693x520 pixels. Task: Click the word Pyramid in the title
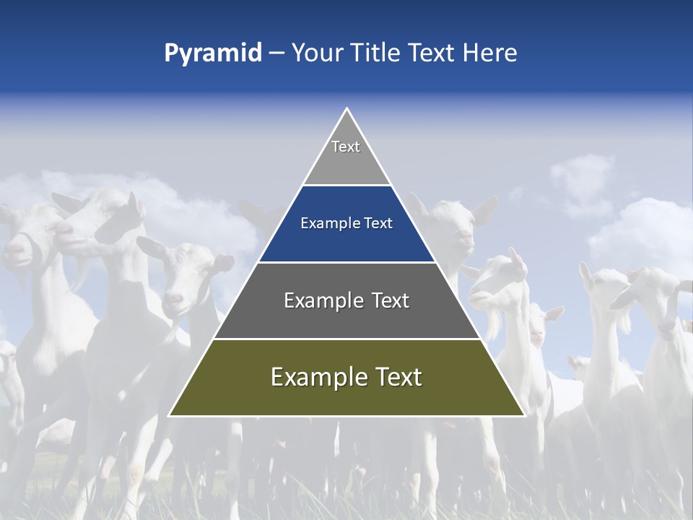coord(213,53)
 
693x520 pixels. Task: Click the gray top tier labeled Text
coord(346,155)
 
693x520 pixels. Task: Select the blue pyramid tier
coord(346,242)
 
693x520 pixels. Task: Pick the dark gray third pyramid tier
coord(346,318)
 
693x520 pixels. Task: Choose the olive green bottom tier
coord(346,394)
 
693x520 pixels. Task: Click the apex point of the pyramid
coord(346,110)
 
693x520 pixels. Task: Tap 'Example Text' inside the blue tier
coord(346,223)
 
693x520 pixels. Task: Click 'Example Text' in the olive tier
coord(346,377)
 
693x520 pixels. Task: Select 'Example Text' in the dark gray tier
coord(346,300)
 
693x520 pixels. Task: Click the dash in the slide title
coord(276,53)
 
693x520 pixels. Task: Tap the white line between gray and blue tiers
coord(346,186)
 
